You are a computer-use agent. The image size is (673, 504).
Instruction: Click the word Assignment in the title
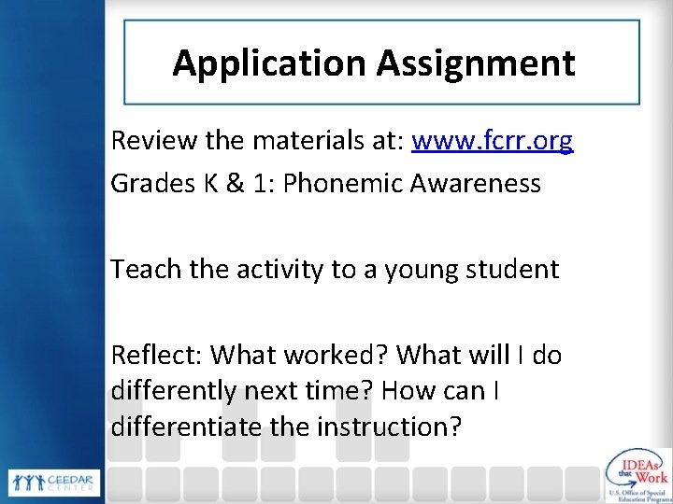pos(476,63)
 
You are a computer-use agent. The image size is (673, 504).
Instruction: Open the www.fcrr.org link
pos(493,141)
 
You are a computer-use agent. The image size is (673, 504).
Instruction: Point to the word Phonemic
pos(343,183)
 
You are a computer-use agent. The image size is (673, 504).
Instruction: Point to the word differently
pos(173,390)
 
